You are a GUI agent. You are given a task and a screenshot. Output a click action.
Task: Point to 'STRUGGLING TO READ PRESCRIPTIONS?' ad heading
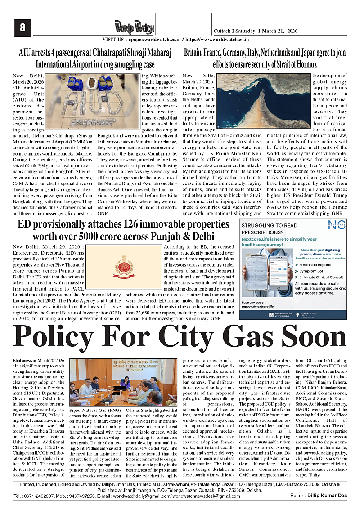click(269, 229)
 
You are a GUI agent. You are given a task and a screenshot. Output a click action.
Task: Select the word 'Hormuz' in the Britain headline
click(300, 64)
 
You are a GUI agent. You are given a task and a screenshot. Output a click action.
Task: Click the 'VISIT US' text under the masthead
click(115, 40)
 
